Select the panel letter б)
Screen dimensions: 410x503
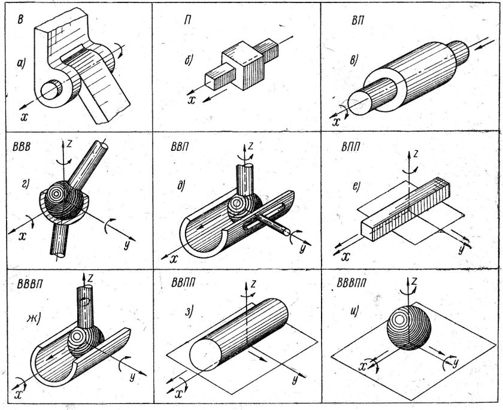pyautogui.click(x=189, y=60)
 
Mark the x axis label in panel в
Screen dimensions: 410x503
pyautogui.click(x=337, y=122)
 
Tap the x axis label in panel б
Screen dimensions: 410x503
pyautogui.click(x=192, y=99)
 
